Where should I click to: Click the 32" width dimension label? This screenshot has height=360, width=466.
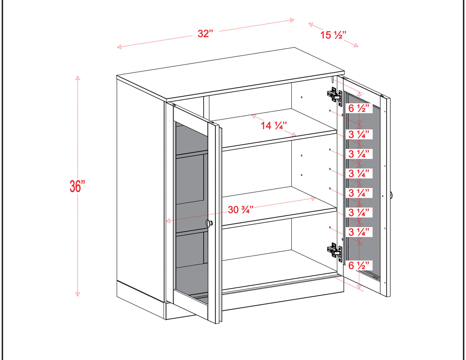tap(205, 34)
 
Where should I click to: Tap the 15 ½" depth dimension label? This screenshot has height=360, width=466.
tap(333, 35)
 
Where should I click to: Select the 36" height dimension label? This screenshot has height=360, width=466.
tap(77, 186)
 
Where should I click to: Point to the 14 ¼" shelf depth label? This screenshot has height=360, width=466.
tap(274, 126)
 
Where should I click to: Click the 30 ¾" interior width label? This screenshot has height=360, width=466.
tap(241, 210)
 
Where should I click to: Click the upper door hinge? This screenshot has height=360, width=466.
tap(334, 95)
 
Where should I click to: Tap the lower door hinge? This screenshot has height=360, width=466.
tap(334, 251)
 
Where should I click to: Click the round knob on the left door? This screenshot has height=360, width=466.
tap(209, 223)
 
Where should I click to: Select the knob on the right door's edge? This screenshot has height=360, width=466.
tap(391, 195)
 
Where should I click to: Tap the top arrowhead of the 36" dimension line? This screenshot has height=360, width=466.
tap(78, 78)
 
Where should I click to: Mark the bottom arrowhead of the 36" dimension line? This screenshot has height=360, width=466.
tap(78, 294)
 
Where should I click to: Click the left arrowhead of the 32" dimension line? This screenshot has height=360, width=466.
tap(119, 47)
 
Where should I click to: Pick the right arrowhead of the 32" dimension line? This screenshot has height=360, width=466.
tap(292, 20)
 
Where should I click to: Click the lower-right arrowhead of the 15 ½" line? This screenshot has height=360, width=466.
tap(356, 45)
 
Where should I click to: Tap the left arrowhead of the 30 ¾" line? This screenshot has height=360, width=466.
tap(168, 221)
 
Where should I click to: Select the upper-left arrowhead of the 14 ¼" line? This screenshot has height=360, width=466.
tap(254, 116)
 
